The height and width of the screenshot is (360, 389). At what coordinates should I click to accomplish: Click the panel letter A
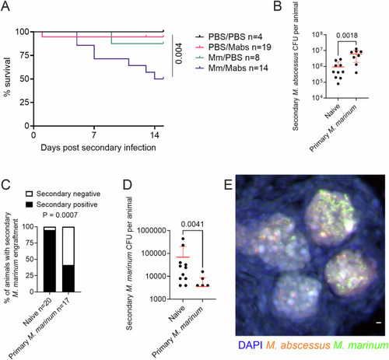pos(5,5)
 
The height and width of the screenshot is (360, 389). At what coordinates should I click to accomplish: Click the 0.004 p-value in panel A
pos(179,54)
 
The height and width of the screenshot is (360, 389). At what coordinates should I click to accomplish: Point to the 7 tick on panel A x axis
pos(94,135)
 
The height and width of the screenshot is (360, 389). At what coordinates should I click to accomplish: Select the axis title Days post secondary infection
pos(98,148)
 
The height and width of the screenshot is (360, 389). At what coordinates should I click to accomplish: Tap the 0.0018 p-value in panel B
pos(347,36)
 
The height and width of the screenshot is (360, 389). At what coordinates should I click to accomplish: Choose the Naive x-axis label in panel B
pos(332,111)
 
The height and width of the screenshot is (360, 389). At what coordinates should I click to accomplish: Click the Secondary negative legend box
pos(30,194)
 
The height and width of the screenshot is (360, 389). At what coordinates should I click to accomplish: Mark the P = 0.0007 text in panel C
pos(60,215)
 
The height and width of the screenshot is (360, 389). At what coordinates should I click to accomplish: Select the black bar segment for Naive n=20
pos(49,261)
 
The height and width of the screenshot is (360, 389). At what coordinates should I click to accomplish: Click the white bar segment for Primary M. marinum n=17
pos(68,246)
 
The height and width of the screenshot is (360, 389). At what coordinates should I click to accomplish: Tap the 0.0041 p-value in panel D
pos(192,225)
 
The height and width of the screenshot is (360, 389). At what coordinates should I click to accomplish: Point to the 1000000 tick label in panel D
pos(152,231)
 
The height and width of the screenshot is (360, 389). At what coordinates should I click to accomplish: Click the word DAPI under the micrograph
pos(250,345)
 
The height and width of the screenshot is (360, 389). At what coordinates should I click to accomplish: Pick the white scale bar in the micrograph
pos(379,323)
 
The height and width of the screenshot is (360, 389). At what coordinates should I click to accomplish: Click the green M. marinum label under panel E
pos(361,345)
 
